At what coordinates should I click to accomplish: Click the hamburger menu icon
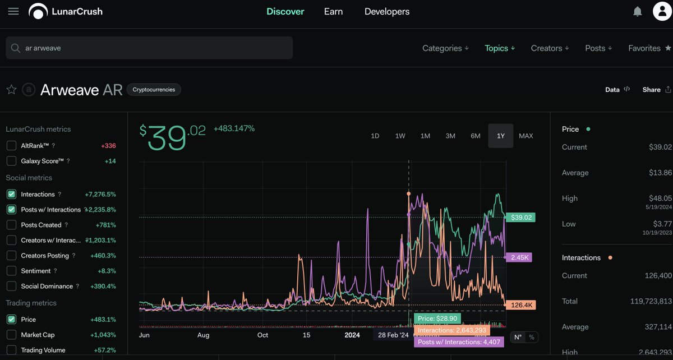pos(13,11)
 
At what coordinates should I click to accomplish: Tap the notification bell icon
pos(637,12)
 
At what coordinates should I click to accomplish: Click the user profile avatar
pos(662,11)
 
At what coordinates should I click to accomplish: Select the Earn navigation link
pos(333,11)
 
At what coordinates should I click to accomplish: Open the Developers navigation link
pos(386,11)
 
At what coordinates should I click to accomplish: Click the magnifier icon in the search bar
pos(15,48)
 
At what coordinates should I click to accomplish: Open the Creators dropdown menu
pos(550,48)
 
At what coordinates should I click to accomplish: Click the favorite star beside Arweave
pos(11,90)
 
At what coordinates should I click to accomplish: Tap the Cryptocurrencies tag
pos(154,90)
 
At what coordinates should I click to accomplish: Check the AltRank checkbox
pos(11,146)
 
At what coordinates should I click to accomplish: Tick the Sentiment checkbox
pos(11,271)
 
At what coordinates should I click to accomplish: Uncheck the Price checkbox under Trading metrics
pos(11,320)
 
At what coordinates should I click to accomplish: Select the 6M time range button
pos(476,136)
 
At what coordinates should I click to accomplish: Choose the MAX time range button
pos(526,136)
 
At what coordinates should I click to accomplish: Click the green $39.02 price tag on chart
pos(520,217)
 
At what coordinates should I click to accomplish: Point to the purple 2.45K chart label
pos(519,257)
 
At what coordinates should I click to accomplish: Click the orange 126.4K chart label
pos(520,305)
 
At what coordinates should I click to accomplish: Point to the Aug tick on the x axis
pos(203,335)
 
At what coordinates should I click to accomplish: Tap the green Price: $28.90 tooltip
pos(437,319)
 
